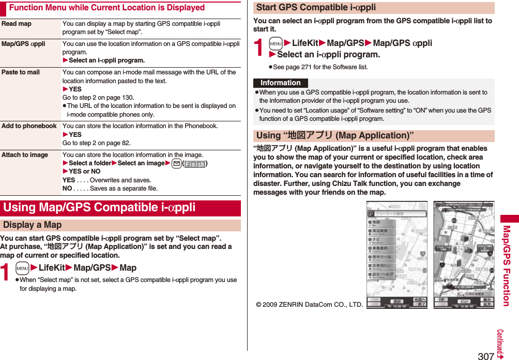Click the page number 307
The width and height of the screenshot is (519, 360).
[485, 355]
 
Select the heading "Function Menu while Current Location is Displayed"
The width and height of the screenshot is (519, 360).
[107, 8]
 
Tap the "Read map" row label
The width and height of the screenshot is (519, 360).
[17, 24]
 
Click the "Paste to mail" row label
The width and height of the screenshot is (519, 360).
[21, 72]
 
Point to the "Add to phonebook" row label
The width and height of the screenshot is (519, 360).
[29, 126]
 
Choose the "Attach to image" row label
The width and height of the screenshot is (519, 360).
[25, 155]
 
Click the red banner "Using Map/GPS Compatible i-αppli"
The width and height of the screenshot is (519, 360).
[99, 208]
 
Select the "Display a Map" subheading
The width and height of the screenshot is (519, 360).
[32, 225]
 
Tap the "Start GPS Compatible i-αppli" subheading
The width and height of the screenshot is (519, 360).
[316, 7]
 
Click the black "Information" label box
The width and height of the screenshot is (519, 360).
[280, 83]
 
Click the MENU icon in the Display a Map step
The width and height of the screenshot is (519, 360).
[22, 268]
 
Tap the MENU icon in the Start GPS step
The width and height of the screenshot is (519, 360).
[276, 43]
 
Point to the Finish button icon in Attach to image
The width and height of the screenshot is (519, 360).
[194, 164]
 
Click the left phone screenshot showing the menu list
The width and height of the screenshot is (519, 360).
[396, 255]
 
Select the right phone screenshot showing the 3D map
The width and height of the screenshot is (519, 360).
[464, 255]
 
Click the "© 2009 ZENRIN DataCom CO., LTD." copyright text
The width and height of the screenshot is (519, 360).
[309, 304]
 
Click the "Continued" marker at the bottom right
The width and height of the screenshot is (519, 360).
[500, 344]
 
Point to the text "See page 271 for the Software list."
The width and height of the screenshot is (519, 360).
[320, 67]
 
